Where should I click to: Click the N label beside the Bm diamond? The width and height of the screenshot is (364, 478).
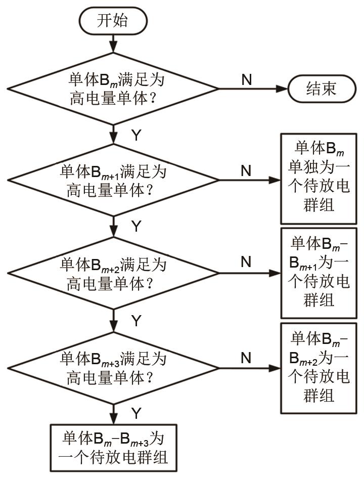click(x=246, y=79)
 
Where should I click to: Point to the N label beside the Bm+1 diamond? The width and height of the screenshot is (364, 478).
click(x=246, y=171)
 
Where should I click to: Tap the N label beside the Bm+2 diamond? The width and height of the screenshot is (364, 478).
click(x=246, y=262)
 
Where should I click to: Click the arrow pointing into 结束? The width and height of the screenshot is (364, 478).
click(x=253, y=89)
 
